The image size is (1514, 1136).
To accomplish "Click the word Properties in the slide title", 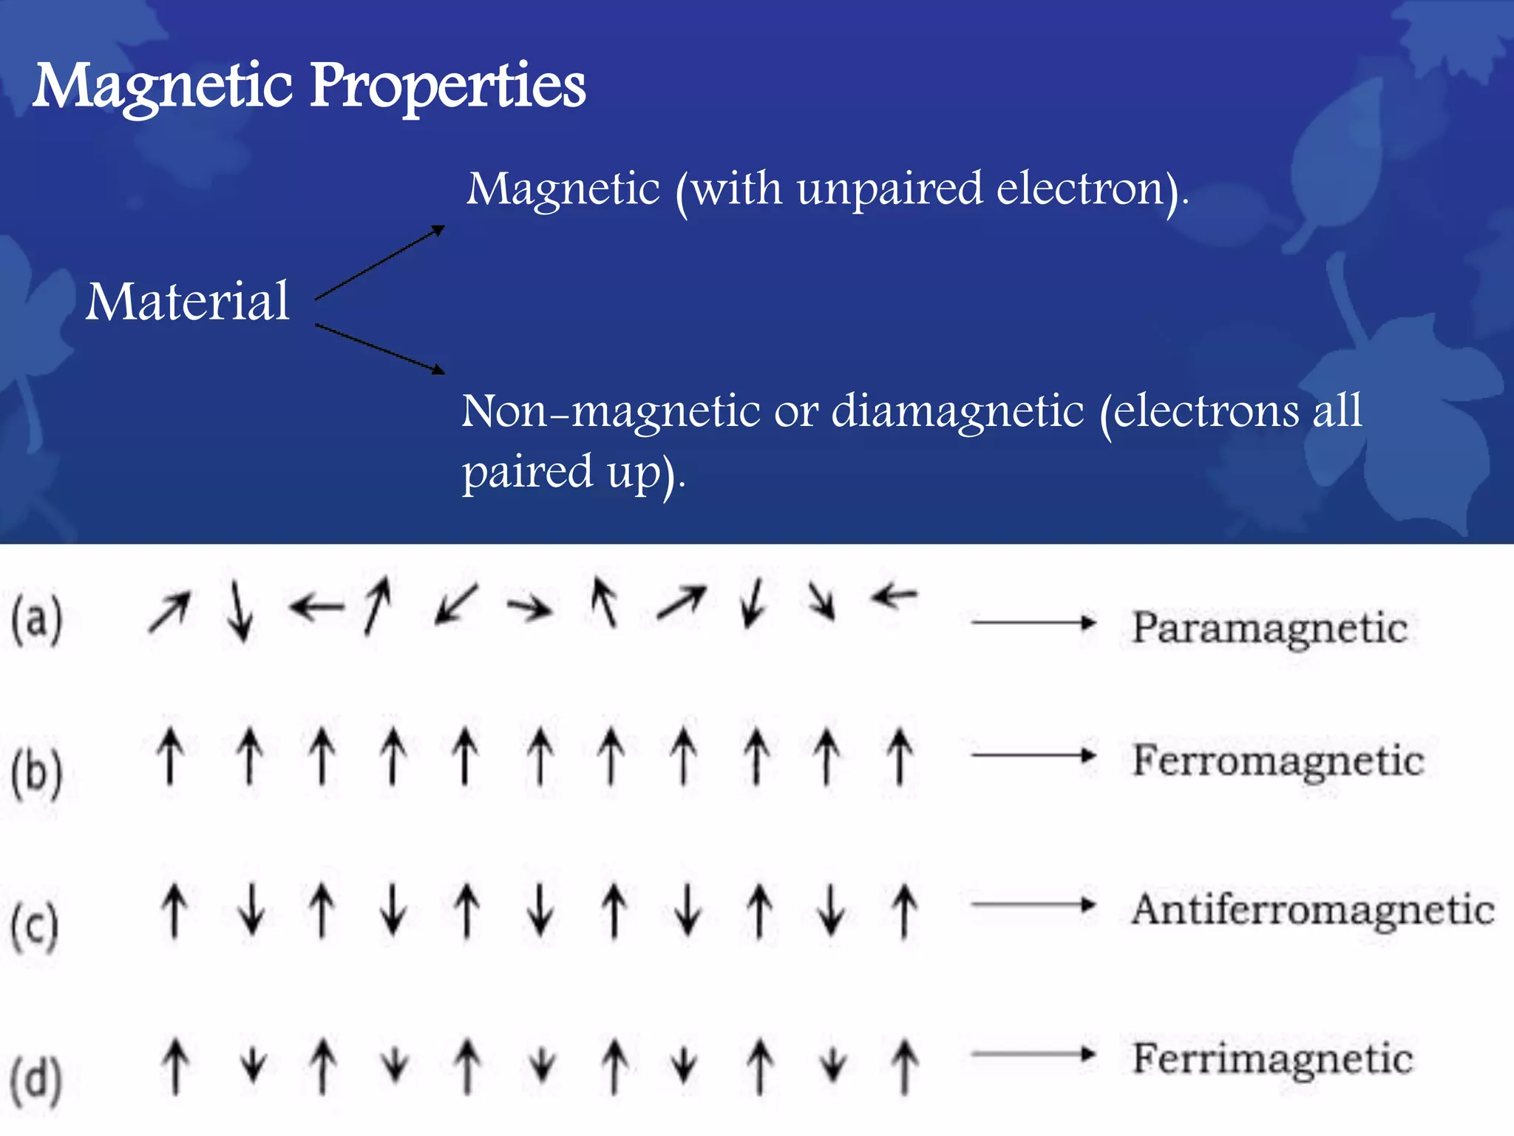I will point(447,87).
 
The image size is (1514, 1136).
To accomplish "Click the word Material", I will point(188,302).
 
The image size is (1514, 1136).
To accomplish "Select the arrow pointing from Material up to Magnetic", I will point(380,263).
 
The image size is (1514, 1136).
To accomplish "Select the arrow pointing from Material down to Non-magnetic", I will point(380,348).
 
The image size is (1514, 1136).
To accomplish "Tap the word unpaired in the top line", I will point(889,189).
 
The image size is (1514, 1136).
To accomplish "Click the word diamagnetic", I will point(957,411).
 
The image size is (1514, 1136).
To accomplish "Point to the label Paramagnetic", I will point(1269,629).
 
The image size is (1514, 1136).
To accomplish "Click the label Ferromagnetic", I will point(1278,761).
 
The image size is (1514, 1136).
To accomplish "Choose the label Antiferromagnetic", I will point(1313,910).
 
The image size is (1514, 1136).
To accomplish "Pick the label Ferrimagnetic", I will point(1272,1058).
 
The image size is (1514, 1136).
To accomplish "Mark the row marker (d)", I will point(37,1079).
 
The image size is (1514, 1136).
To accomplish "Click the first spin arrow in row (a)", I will point(169,612).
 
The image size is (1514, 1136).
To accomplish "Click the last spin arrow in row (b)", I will point(900,756).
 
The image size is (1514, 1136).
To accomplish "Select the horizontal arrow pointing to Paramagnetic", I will point(1033,623).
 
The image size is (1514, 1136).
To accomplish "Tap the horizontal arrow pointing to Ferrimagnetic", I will point(1033,1054).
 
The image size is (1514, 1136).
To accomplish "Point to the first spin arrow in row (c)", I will point(174,910).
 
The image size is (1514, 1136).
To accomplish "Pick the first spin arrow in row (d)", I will point(175,1066).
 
